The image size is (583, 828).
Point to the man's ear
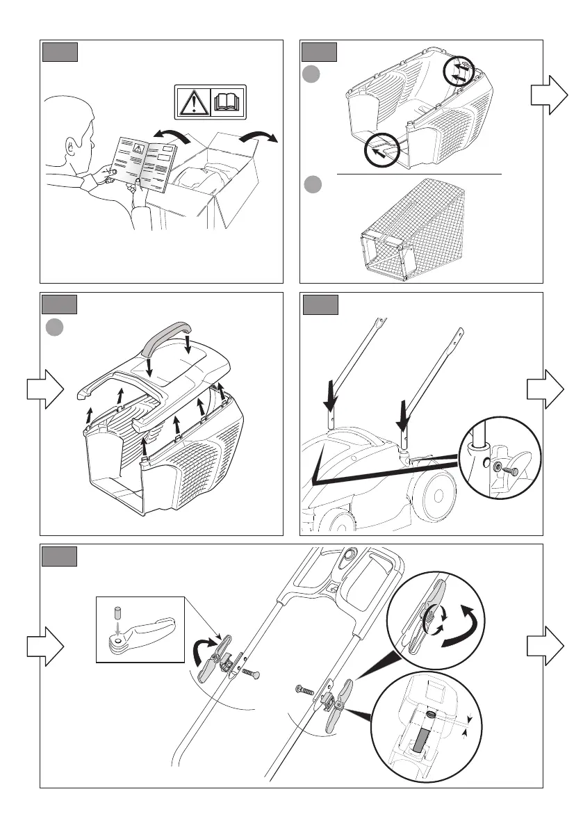click(70, 147)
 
